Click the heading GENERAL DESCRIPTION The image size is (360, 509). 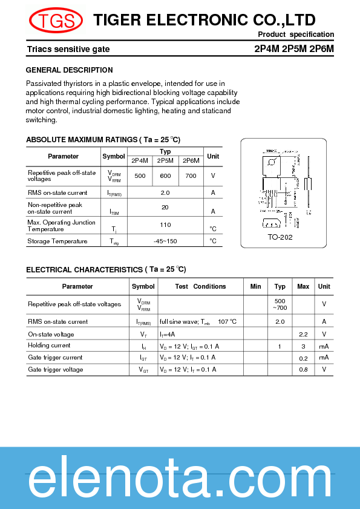click(x=69, y=70)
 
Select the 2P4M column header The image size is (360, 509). click(x=139, y=160)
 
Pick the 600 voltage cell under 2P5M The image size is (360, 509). click(x=165, y=176)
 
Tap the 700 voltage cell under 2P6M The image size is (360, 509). click(x=191, y=176)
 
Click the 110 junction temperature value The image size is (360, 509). click(x=165, y=225)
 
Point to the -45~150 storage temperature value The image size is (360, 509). click(x=165, y=241)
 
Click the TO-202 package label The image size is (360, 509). click(x=280, y=237)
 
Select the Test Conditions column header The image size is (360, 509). click(x=200, y=286)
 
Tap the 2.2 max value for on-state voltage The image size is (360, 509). click(x=303, y=334)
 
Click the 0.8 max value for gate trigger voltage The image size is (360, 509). click(x=303, y=369)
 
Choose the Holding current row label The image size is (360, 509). click(x=49, y=346)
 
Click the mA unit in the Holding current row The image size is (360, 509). click(x=324, y=346)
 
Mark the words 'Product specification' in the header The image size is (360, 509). click(x=296, y=34)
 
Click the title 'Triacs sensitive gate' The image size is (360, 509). click(x=68, y=49)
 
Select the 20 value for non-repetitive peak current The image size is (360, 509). click(x=165, y=207)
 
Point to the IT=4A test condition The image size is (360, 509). click(x=168, y=334)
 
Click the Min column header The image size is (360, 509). click(x=255, y=286)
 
